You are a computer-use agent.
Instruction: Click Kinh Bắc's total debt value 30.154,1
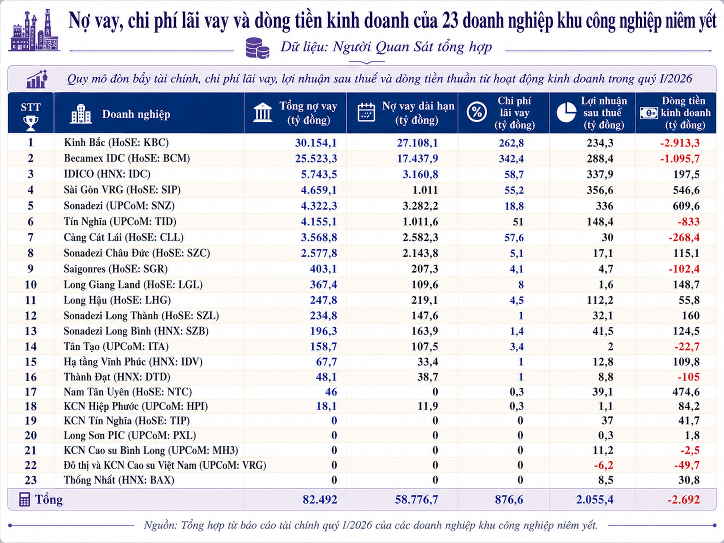(315, 143)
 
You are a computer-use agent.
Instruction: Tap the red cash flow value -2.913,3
(680, 143)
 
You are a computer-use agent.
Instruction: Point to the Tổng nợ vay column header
(308, 113)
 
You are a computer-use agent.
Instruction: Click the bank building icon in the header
(262, 112)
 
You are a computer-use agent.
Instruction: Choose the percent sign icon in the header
(476, 112)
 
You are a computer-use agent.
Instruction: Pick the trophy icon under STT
(30, 123)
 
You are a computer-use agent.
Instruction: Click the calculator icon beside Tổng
(24, 499)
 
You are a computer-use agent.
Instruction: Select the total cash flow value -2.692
(683, 499)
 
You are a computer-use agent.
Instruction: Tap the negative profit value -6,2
(603, 465)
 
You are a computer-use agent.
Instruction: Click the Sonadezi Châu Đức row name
(136, 253)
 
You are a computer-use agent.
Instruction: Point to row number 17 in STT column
(30, 391)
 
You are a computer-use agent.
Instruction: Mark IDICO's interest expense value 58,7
(514, 174)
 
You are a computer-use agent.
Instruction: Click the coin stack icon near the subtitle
(257, 48)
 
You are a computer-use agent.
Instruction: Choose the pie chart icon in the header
(566, 112)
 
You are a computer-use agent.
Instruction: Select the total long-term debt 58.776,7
(416, 499)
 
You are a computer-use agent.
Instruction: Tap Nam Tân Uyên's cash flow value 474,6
(686, 391)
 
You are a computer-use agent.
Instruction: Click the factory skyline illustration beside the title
(34, 30)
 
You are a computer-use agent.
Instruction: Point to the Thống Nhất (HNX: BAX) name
(118, 479)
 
